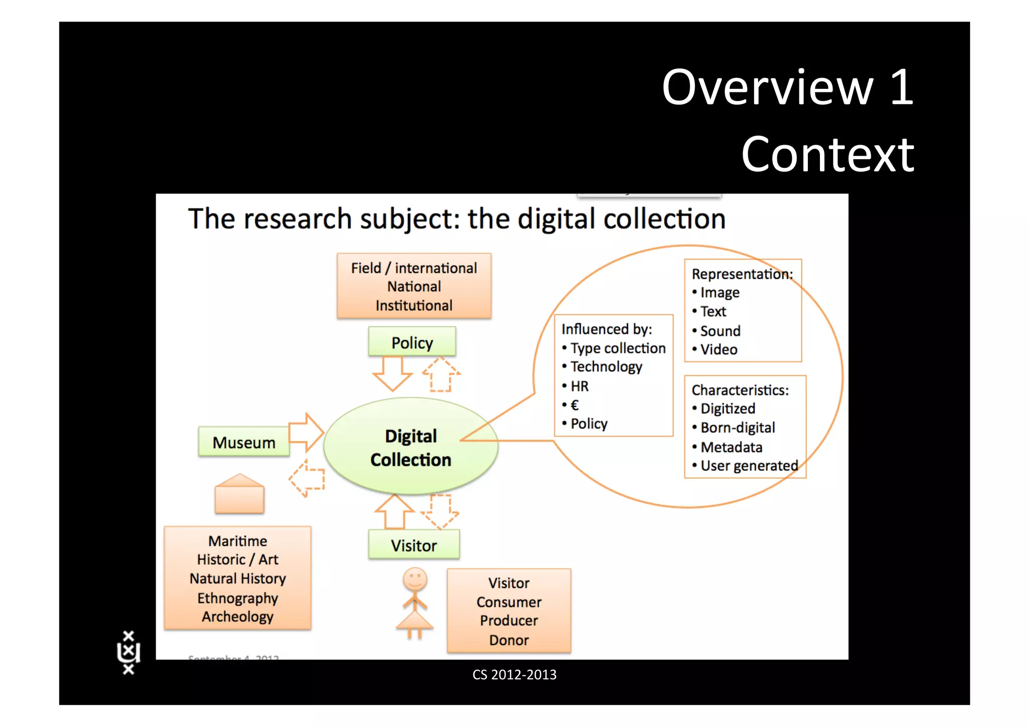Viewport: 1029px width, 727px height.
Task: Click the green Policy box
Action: coord(412,342)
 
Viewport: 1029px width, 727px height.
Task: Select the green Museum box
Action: coord(244,442)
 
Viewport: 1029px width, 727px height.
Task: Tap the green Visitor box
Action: coord(414,545)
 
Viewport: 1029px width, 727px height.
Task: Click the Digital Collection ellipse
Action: coord(410,447)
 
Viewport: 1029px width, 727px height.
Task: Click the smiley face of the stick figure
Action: coord(415,580)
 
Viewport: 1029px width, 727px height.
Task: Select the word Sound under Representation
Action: coord(720,331)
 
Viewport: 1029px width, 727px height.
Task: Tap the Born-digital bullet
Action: coord(737,428)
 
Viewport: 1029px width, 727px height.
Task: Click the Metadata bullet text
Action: coord(731,447)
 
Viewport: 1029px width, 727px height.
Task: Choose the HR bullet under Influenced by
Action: coord(579,386)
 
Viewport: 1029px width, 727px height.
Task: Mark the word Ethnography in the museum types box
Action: coord(238,598)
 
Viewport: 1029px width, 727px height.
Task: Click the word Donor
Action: coord(508,640)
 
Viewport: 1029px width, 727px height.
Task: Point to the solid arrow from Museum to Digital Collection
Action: coord(306,432)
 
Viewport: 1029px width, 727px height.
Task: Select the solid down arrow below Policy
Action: coord(392,373)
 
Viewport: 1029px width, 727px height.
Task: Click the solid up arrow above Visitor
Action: coord(395,511)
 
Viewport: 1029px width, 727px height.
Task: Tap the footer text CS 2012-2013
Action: coord(514,674)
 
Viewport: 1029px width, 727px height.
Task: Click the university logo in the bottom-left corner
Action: coord(129,652)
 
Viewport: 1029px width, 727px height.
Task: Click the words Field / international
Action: coord(414,268)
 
